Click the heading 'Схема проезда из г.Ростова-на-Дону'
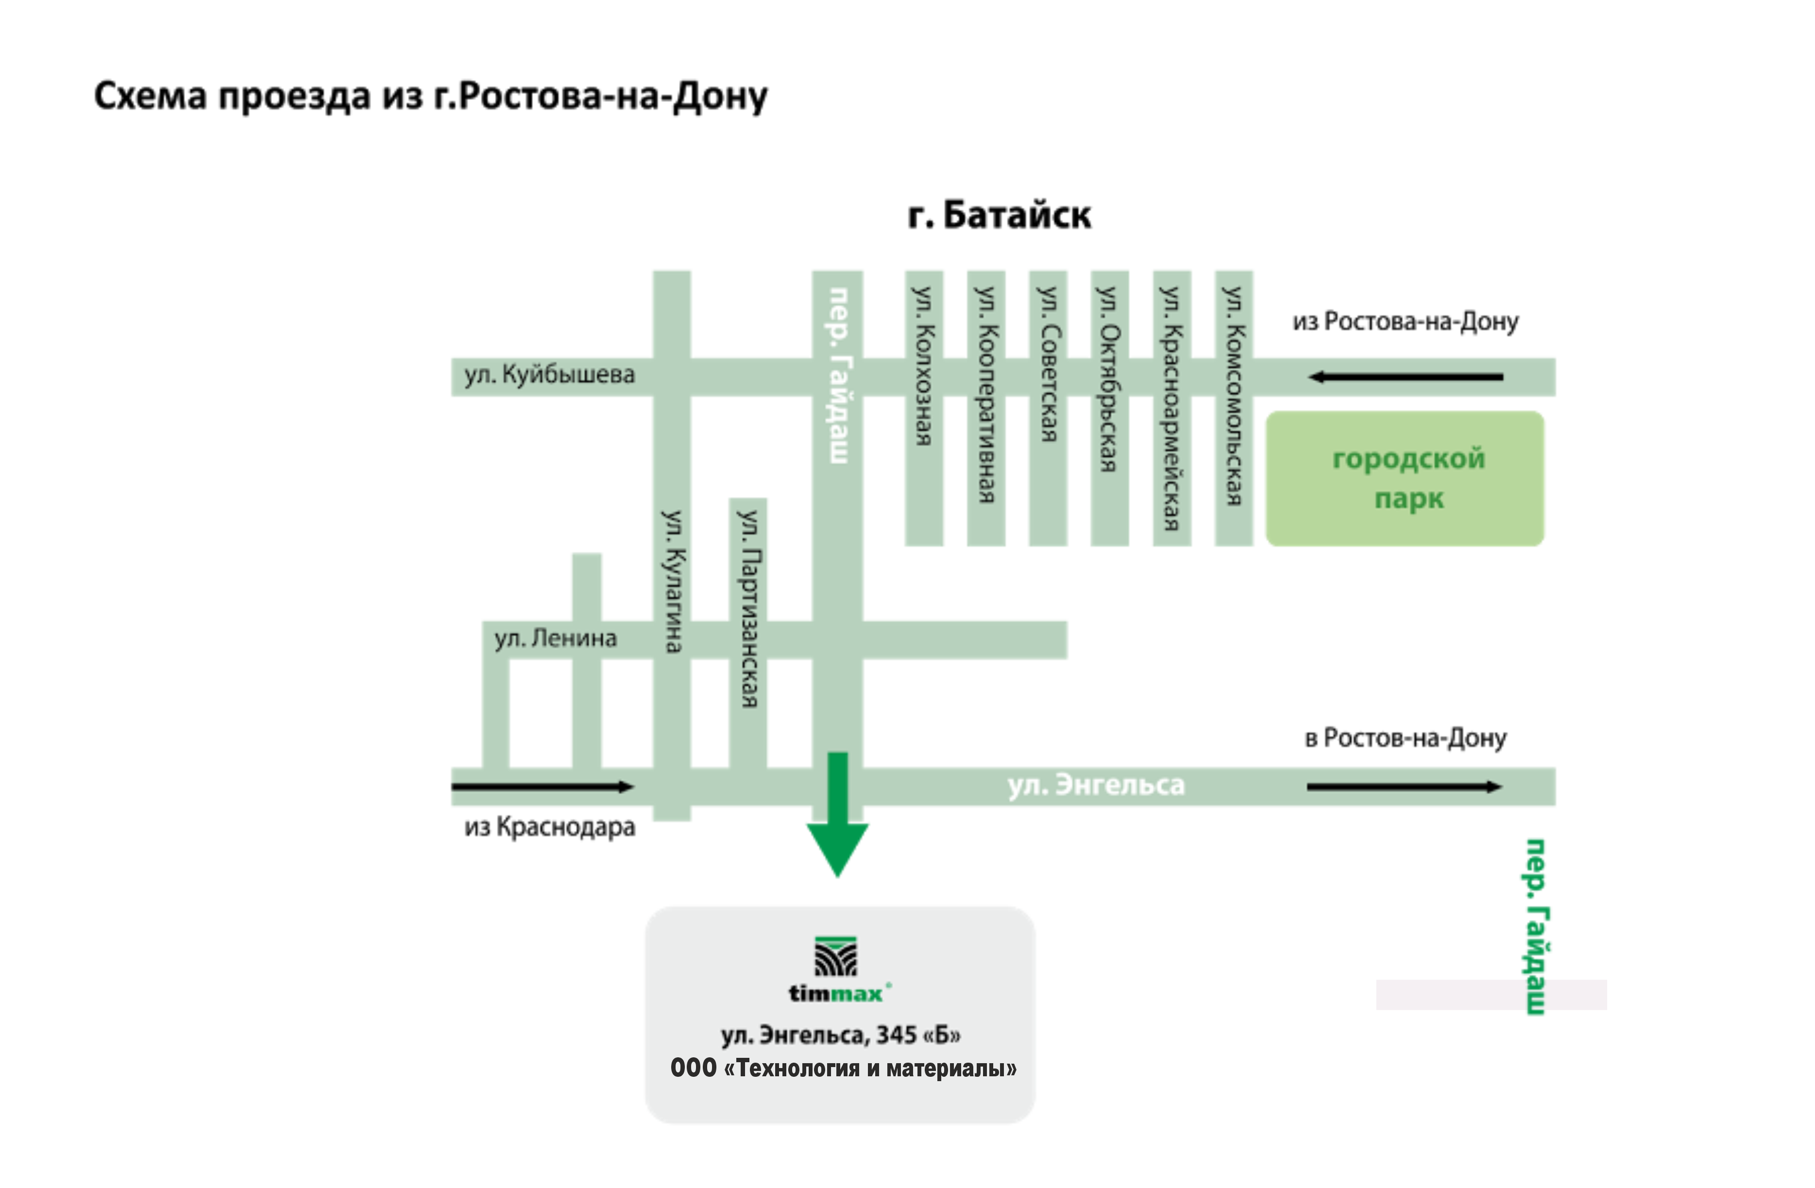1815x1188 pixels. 431,97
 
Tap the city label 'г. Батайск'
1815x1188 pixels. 1000,216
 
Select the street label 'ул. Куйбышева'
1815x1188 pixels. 549,375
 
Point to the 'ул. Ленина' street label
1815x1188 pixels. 555,638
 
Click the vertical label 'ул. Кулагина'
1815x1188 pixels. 672,581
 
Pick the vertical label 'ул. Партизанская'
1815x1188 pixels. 749,609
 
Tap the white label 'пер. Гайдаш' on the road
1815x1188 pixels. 838,375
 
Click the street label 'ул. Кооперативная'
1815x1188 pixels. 986,394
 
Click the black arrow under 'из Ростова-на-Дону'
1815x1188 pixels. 1406,377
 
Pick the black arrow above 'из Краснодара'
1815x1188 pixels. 542,787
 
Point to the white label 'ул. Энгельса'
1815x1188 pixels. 1096,785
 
